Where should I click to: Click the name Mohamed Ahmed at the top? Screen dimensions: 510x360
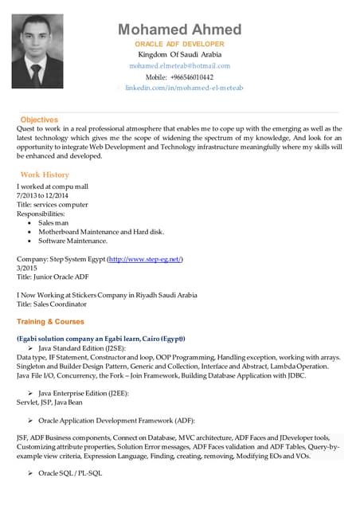[179, 29]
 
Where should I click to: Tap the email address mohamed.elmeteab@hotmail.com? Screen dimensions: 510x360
[179, 65]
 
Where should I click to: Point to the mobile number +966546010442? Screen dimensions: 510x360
[179, 77]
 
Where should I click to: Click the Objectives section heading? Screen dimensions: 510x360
[39, 120]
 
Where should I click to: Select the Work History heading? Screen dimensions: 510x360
[45, 175]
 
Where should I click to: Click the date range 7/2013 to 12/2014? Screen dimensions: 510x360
[42, 196]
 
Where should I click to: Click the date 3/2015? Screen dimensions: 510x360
[27, 269]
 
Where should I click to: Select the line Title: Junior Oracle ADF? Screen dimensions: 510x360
[53, 277]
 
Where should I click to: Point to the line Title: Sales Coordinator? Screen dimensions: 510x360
[52, 304]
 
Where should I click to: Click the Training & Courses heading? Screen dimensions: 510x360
[50, 322]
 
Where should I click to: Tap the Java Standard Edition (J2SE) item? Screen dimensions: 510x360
[78, 349]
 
